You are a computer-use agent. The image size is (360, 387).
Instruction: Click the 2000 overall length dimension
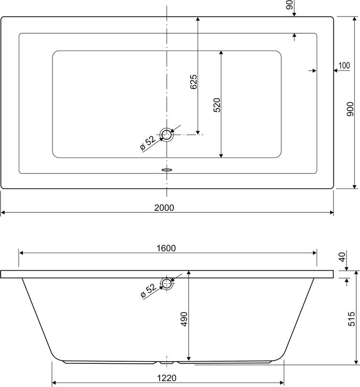tap(164, 208)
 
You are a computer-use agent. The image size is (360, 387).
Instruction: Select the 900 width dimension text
tap(350, 109)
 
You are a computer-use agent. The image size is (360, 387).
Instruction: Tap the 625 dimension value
tap(194, 82)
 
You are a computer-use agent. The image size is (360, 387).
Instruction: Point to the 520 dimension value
tap(217, 105)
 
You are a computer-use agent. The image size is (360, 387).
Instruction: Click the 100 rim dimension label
tap(344, 65)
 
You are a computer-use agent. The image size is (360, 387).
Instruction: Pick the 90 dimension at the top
tap(289, 5)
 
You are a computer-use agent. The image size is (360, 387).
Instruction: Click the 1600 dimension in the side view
tap(166, 248)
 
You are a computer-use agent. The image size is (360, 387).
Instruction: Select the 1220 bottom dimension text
tap(166, 378)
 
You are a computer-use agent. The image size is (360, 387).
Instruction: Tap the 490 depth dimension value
tap(184, 319)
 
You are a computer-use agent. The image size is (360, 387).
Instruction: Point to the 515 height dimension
tap(351, 319)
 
